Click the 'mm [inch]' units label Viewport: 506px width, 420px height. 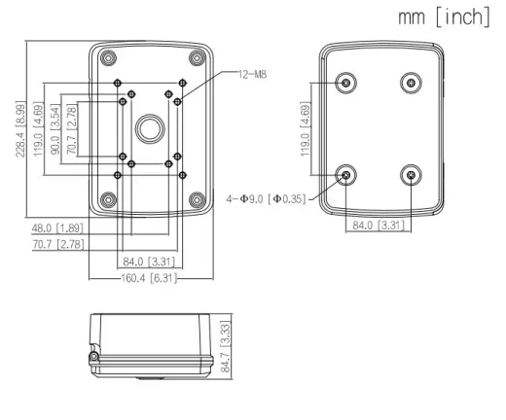point(444,17)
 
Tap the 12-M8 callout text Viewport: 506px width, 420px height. point(252,75)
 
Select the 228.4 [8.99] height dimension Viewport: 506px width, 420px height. point(20,129)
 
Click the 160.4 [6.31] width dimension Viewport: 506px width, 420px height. point(149,278)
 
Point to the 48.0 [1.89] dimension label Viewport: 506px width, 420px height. point(57,228)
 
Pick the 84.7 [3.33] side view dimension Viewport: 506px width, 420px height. point(225,346)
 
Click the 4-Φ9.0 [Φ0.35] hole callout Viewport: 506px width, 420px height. point(266,198)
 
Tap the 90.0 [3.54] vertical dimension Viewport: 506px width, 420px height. point(55,129)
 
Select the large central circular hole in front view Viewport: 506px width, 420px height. point(150,128)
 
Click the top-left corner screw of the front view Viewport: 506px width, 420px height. point(108,58)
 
